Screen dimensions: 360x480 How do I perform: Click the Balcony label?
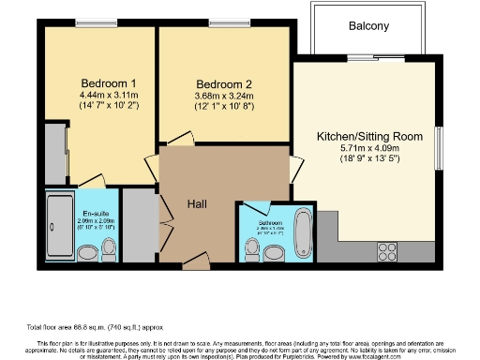tap(368, 26)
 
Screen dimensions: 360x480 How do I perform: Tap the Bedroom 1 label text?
tap(101, 81)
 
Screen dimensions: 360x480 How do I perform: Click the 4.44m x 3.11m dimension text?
tap(101, 94)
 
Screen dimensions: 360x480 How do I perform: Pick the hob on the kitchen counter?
tap(386, 250)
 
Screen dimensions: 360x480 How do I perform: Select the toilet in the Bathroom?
tap(251, 249)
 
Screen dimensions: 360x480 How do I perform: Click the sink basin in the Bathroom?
tap(274, 252)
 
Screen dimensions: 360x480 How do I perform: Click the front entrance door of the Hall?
tap(195, 263)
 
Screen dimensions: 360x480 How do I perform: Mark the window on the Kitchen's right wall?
tap(437, 147)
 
